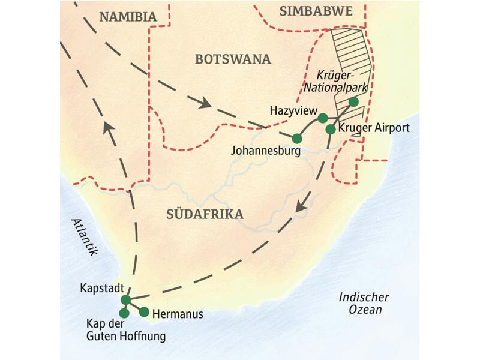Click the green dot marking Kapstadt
click(x=125, y=299)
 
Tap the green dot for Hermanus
click(x=144, y=311)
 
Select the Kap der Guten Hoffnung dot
click(x=124, y=313)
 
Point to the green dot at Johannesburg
click(x=296, y=139)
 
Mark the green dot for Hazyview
click(x=322, y=118)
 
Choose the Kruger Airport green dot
click(x=331, y=129)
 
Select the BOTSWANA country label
click(x=233, y=59)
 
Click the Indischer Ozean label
click(x=364, y=304)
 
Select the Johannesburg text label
click(x=265, y=151)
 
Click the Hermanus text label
click(x=178, y=313)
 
